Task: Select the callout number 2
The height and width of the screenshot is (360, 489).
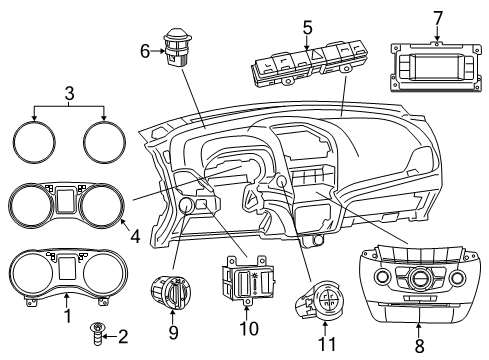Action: click(x=122, y=336)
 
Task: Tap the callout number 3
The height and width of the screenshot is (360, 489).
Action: click(x=68, y=94)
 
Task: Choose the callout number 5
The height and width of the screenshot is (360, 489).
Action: click(x=308, y=28)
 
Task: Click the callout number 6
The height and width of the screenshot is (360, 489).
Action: click(x=143, y=51)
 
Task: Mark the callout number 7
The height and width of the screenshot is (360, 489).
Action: click(x=437, y=17)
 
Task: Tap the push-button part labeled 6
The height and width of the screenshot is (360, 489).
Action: click(x=180, y=50)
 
